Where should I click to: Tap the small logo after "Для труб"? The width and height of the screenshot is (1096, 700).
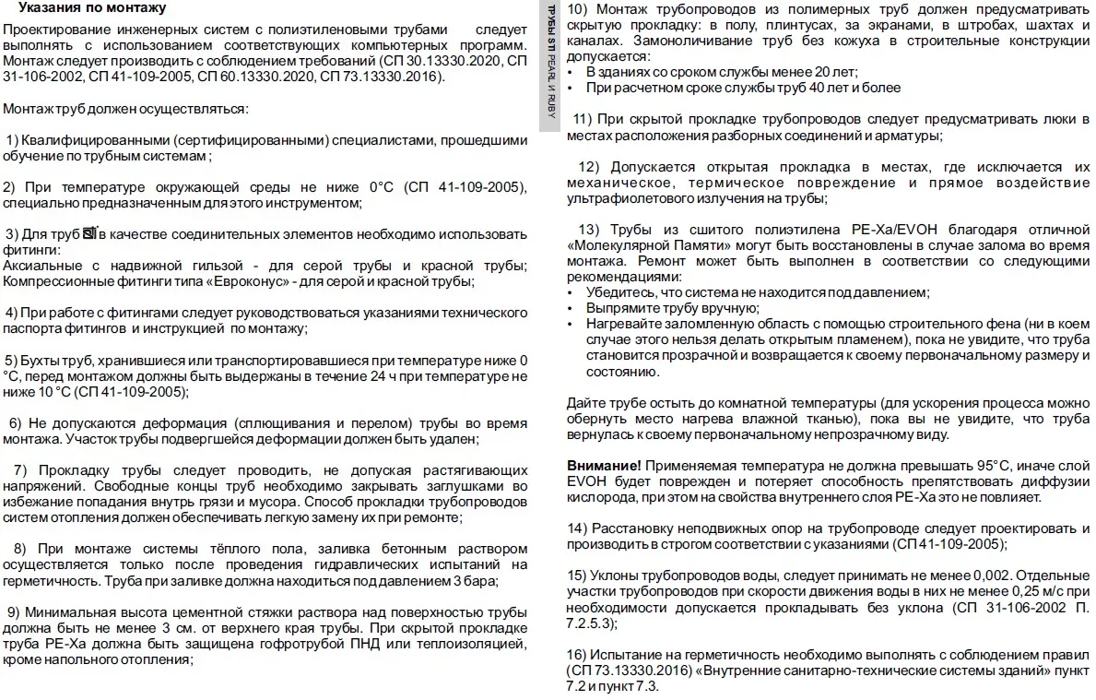89,234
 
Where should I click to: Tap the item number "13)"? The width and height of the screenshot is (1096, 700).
588,228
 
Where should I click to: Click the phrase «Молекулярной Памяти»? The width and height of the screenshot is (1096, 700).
650,244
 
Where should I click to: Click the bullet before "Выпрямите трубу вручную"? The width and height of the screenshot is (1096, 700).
572,308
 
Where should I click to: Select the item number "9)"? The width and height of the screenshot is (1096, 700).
13,612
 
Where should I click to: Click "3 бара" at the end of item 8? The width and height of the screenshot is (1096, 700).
476,580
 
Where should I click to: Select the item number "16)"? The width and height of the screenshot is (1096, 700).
578,653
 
